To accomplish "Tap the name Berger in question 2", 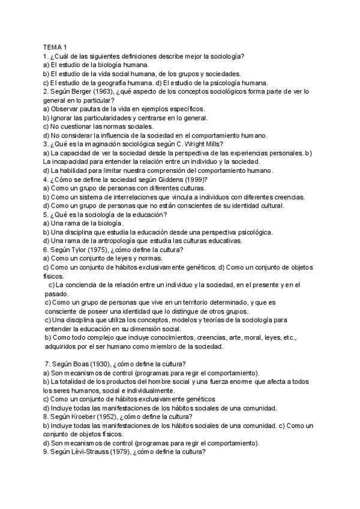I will point(80,91).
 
